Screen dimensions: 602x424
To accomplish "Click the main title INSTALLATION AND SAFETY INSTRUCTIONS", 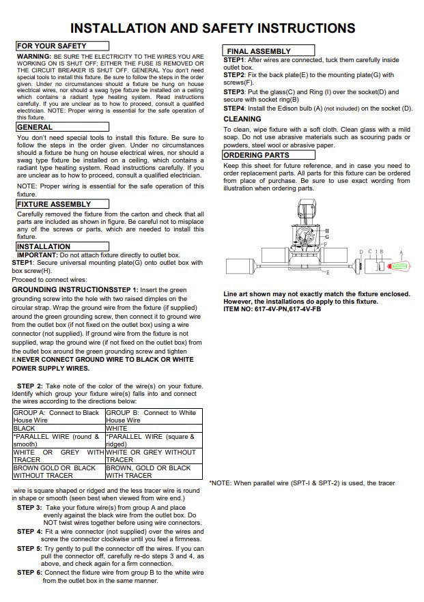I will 212,28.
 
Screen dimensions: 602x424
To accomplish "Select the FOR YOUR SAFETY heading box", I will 62,45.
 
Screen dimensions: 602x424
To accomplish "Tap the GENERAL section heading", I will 62,127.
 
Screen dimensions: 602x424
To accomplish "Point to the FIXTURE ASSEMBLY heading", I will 62,204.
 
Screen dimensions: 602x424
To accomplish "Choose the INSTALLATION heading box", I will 62,246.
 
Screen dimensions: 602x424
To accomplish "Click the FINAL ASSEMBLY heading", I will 269,51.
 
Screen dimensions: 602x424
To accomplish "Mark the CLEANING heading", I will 242,119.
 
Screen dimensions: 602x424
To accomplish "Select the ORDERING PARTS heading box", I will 269,155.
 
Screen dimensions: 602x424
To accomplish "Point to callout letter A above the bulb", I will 401,252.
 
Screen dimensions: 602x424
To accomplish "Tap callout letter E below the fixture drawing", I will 328,272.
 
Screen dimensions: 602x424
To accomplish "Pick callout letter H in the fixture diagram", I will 327,231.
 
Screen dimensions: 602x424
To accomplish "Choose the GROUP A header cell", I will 58,416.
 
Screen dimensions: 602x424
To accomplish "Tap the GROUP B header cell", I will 152,416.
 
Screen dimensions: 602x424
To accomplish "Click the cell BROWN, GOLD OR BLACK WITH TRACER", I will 152,472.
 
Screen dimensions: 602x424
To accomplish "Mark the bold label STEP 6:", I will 29,572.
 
